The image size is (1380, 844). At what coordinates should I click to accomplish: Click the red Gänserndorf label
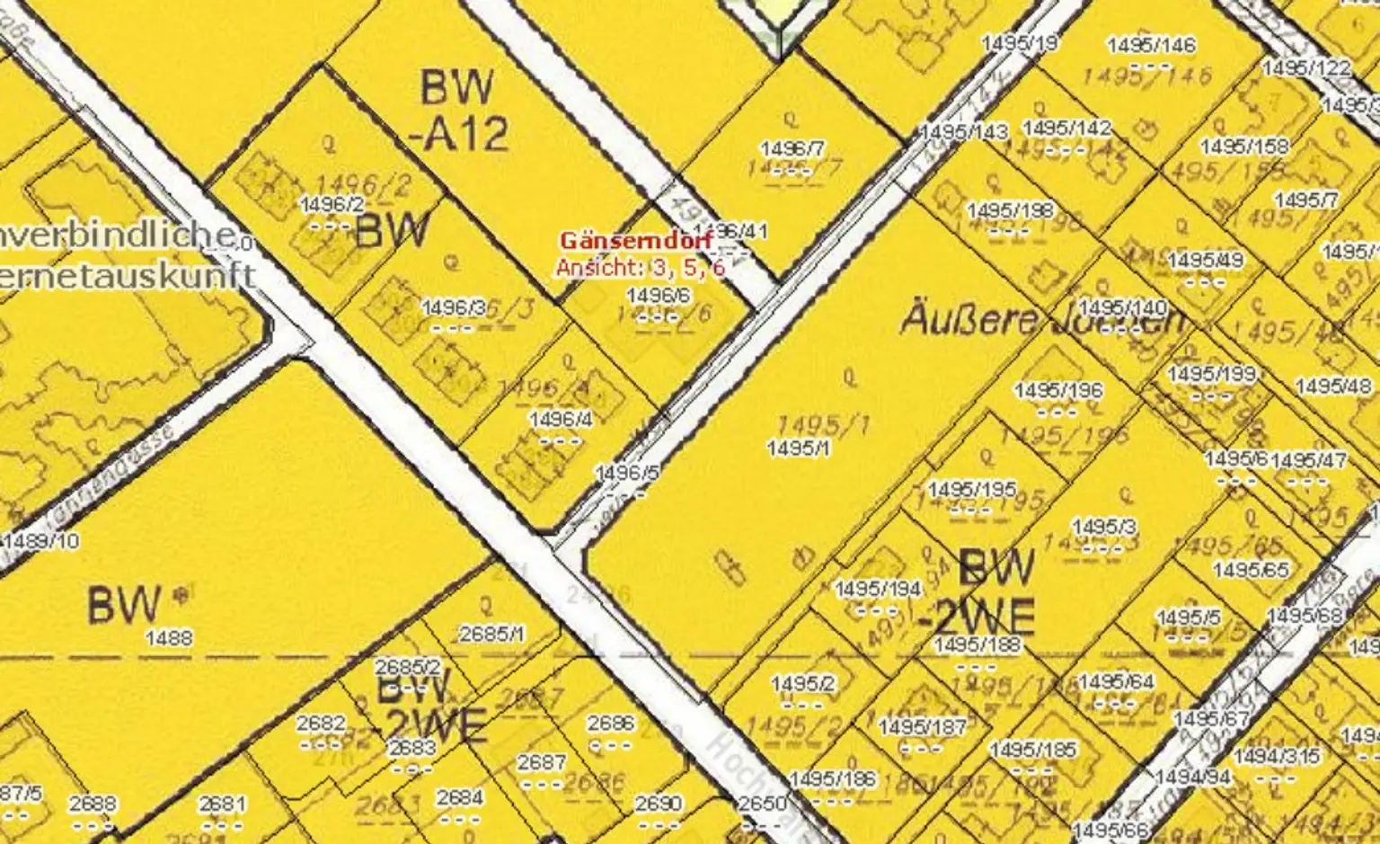point(636,241)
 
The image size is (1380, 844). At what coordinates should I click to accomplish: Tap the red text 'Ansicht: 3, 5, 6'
point(640,268)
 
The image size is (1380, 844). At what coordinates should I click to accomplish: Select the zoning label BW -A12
point(458,111)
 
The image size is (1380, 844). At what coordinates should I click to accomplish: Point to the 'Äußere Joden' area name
point(1042,319)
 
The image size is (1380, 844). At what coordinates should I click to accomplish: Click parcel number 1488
point(169,638)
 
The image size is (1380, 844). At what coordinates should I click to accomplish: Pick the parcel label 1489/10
point(41,540)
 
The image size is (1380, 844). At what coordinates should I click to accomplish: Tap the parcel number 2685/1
point(491,634)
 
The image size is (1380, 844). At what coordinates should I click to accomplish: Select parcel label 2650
point(762,804)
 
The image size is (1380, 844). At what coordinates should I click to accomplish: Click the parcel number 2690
point(659,804)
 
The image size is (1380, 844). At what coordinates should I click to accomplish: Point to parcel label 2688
point(92,804)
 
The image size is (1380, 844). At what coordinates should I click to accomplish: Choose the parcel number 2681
point(222,804)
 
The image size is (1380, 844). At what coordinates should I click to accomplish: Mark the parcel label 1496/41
point(731,231)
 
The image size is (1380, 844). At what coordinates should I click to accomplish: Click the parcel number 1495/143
point(964,132)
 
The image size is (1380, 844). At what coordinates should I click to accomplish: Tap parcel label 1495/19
point(1020,42)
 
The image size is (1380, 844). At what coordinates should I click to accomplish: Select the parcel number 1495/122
point(1306,68)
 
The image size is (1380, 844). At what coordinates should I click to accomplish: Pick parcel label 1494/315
point(1277,757)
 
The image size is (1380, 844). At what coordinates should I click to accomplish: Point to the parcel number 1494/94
point(1193,777)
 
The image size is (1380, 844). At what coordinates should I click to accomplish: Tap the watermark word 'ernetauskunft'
point(128,274)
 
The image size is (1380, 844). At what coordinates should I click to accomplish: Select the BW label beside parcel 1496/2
point(392,231)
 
